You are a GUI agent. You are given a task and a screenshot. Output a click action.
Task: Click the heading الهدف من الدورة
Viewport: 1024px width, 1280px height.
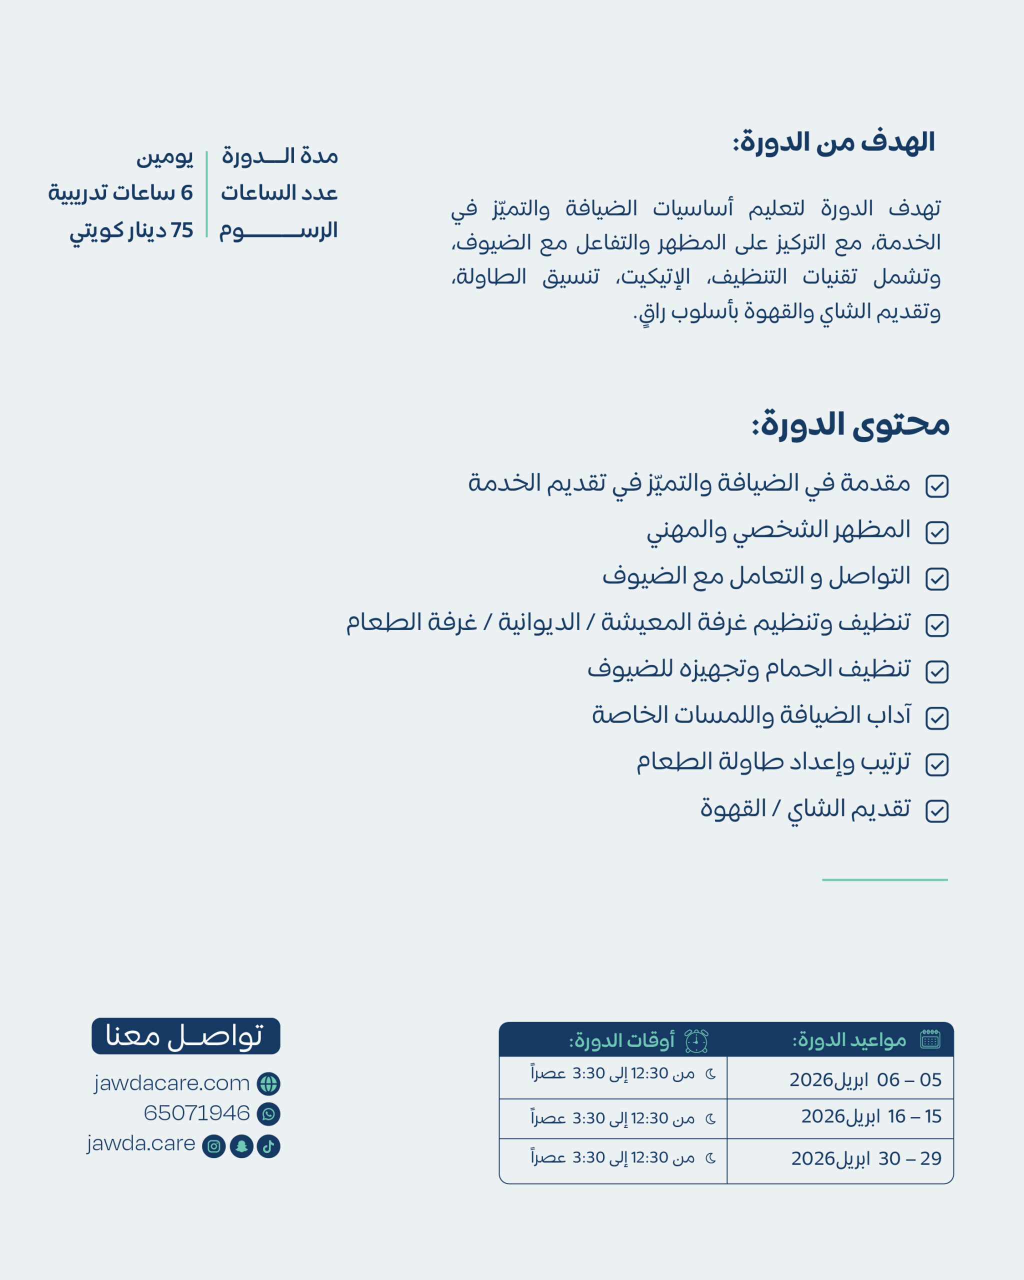click(x=833, y=143)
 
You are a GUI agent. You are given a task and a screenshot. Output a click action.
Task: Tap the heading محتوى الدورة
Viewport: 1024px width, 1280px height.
click(x=850, y=425)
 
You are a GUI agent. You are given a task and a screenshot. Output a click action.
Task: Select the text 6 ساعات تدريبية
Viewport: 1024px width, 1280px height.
click(x=120, y=193)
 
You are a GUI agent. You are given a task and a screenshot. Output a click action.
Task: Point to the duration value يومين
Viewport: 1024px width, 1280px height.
click(x=164, y=156)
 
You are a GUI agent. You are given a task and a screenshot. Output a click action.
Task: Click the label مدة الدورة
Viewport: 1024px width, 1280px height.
click(x=279, y=156)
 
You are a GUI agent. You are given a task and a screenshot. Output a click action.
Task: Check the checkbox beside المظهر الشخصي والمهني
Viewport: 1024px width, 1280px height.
click(x=936, y=532)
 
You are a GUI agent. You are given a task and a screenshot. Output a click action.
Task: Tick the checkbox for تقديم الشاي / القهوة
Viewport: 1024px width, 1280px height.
click(x=936, y=811)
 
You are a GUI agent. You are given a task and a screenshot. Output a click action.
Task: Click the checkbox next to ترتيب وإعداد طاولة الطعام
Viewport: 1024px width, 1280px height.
click(x=936, y=764)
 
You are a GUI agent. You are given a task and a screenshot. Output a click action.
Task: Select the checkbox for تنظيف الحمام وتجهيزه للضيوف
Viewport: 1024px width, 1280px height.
click(x=936, y=672)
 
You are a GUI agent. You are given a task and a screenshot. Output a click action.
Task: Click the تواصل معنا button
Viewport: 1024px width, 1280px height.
click(x=186, y=1036)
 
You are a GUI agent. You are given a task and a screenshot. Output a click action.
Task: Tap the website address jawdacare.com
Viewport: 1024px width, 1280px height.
click(x=171, y=1083)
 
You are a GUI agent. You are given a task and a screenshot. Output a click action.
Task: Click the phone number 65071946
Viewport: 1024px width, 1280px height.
click(x=196, y=1113)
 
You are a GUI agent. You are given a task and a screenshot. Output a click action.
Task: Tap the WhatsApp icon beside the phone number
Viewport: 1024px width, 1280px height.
click(x=268, y=1114)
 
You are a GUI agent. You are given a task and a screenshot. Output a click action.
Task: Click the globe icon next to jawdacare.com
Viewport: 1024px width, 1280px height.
click(x=268, y=1084)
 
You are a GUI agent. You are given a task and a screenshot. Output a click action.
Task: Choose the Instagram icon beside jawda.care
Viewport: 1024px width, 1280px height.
click(x=213, y=1146)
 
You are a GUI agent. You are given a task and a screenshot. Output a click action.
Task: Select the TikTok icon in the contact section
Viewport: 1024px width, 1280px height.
click(x=268, y=1146)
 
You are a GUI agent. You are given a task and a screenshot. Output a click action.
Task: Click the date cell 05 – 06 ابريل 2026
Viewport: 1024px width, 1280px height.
click(x=865, y=1080)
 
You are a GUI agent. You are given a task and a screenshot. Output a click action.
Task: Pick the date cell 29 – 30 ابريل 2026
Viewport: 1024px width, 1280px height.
click(x=866, y=1159)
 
